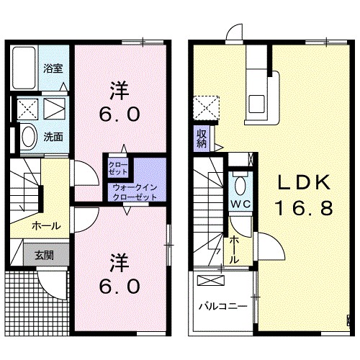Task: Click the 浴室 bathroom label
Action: (53, 68)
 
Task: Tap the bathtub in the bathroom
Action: (24, 68)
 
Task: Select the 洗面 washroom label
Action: (53, 137)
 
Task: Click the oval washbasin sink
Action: (30, 137)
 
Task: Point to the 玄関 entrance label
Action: (44, 255)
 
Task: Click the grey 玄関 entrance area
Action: (46, 255)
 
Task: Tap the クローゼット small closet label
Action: (117, 168)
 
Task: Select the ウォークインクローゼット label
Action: (135, 192)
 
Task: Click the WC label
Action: (240, 204)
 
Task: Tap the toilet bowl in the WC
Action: (240, 185)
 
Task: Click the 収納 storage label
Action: (202, 139)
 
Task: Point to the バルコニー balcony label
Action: (223, 307)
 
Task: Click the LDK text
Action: (304, 183)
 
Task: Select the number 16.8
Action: (304, 208)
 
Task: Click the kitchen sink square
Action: (256, 104)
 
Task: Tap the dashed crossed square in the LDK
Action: (207, 108)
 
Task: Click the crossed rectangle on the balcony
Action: (211, 281)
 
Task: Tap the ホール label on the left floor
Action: (46, 226)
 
